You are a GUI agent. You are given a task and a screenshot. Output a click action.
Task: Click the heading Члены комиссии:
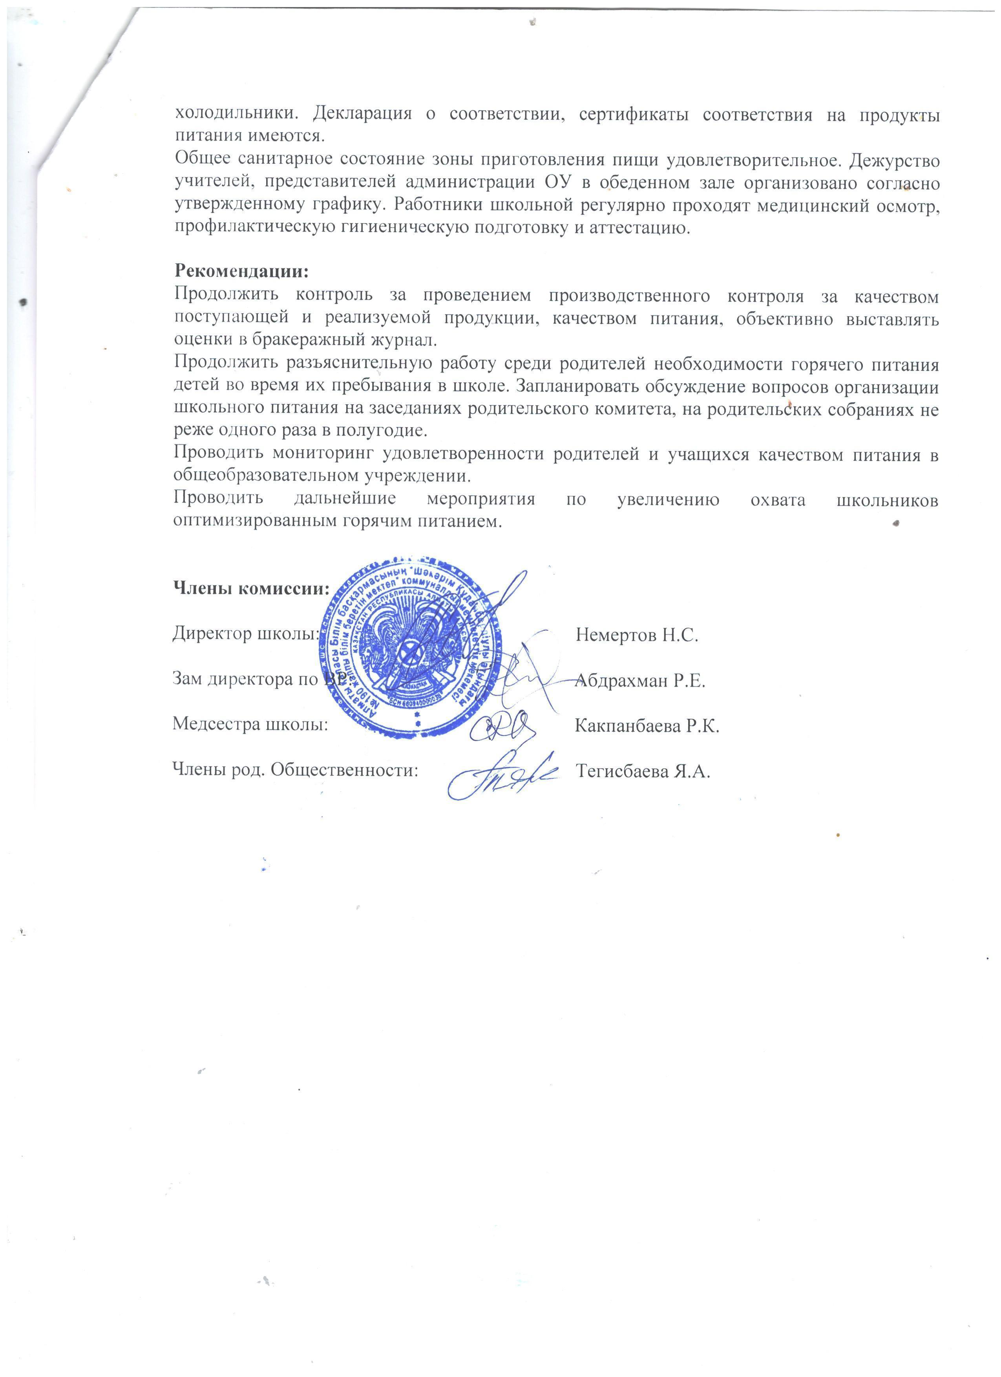pos(251,588)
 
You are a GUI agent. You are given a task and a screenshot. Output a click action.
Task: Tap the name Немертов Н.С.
pos(637,635)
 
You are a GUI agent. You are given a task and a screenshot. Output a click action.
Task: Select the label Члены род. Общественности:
pos(296,771)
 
